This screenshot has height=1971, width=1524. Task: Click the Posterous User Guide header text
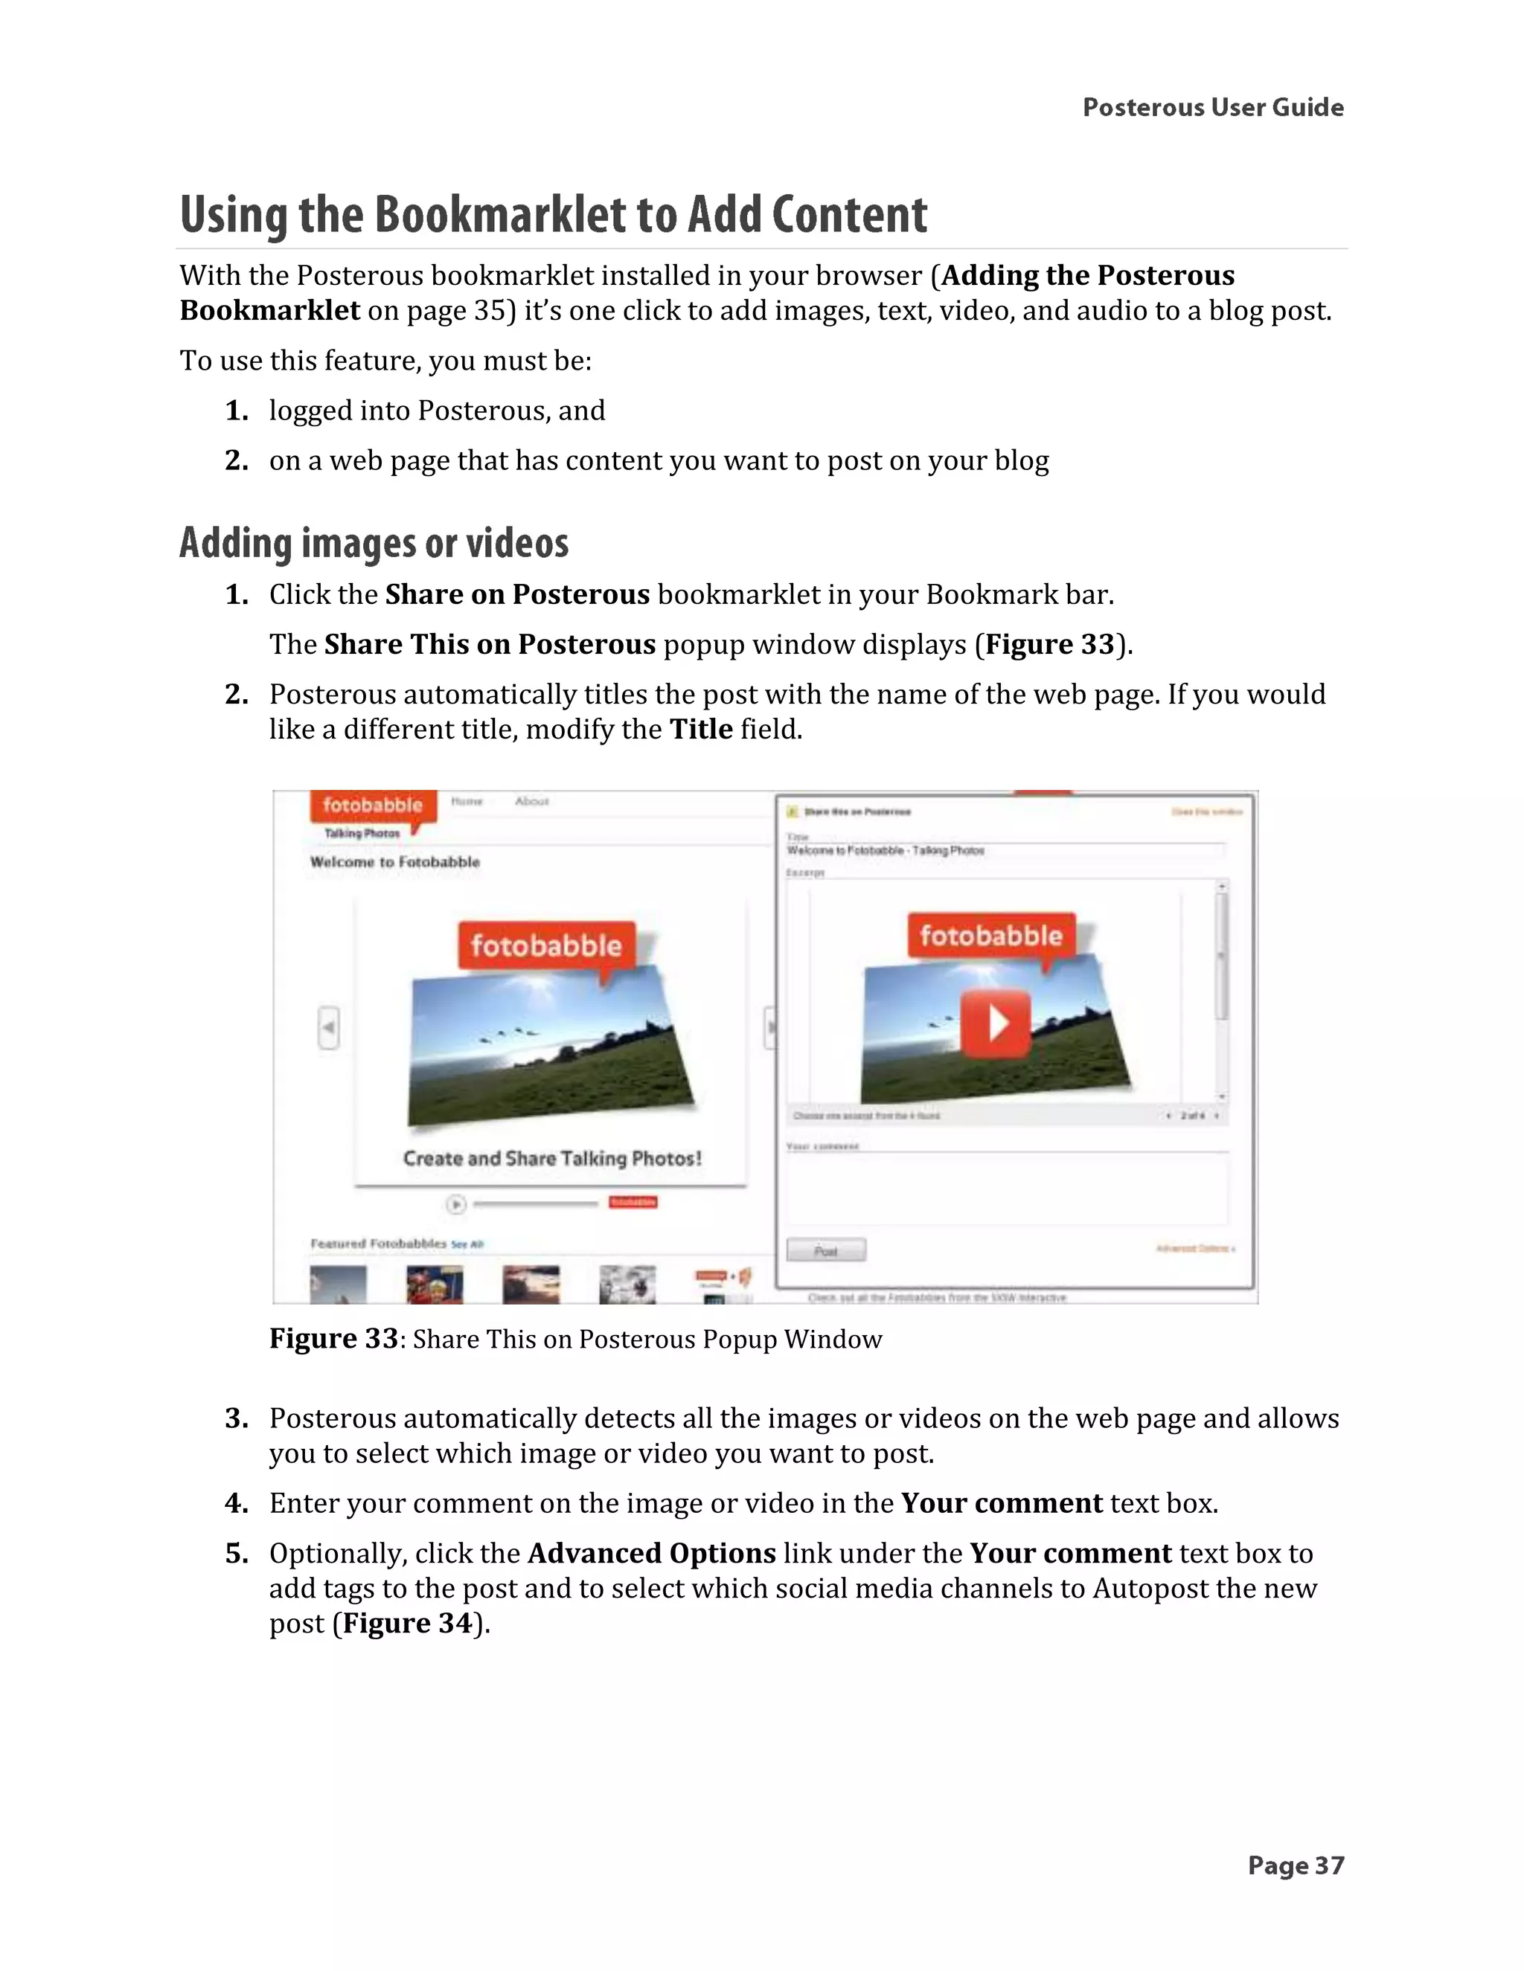click(x=1212, y=107)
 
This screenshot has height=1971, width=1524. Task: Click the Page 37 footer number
click(x=1296, y=1865)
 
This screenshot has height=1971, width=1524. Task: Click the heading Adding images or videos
click(x=374, y=543)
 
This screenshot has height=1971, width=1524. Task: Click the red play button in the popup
click(x=995, y=1023)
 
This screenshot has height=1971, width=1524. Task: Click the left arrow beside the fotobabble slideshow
click(x=329, y=1027)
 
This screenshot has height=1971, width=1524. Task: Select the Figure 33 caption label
click(x=333, y=1338)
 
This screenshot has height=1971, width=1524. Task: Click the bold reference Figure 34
click(x=408, y=1623)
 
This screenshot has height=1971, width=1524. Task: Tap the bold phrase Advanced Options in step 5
click(x=651, y=1552)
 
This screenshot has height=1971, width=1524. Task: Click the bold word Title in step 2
click(x=700, y=728)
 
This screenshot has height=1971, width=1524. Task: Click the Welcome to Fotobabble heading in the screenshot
click(x=394, y=862)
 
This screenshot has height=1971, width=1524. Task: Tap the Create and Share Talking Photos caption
click(x=551, y=1158)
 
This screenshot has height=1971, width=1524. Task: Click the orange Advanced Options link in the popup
click(x=1194, y=1248)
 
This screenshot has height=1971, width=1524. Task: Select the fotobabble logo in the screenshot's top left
click(x=372, y=805)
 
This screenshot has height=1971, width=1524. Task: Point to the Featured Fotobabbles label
click(x=378, y=1244)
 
